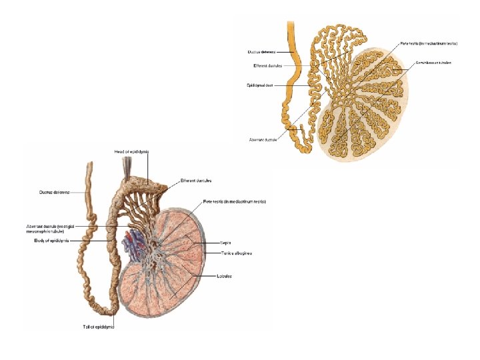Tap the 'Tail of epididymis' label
coord(99,327)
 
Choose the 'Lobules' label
coord(223,276)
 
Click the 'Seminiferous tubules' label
coord(434,62)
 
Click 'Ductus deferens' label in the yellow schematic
coord(261,51)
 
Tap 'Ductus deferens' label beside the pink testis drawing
coord(54,192)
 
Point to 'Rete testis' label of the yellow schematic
coord(428,42)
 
